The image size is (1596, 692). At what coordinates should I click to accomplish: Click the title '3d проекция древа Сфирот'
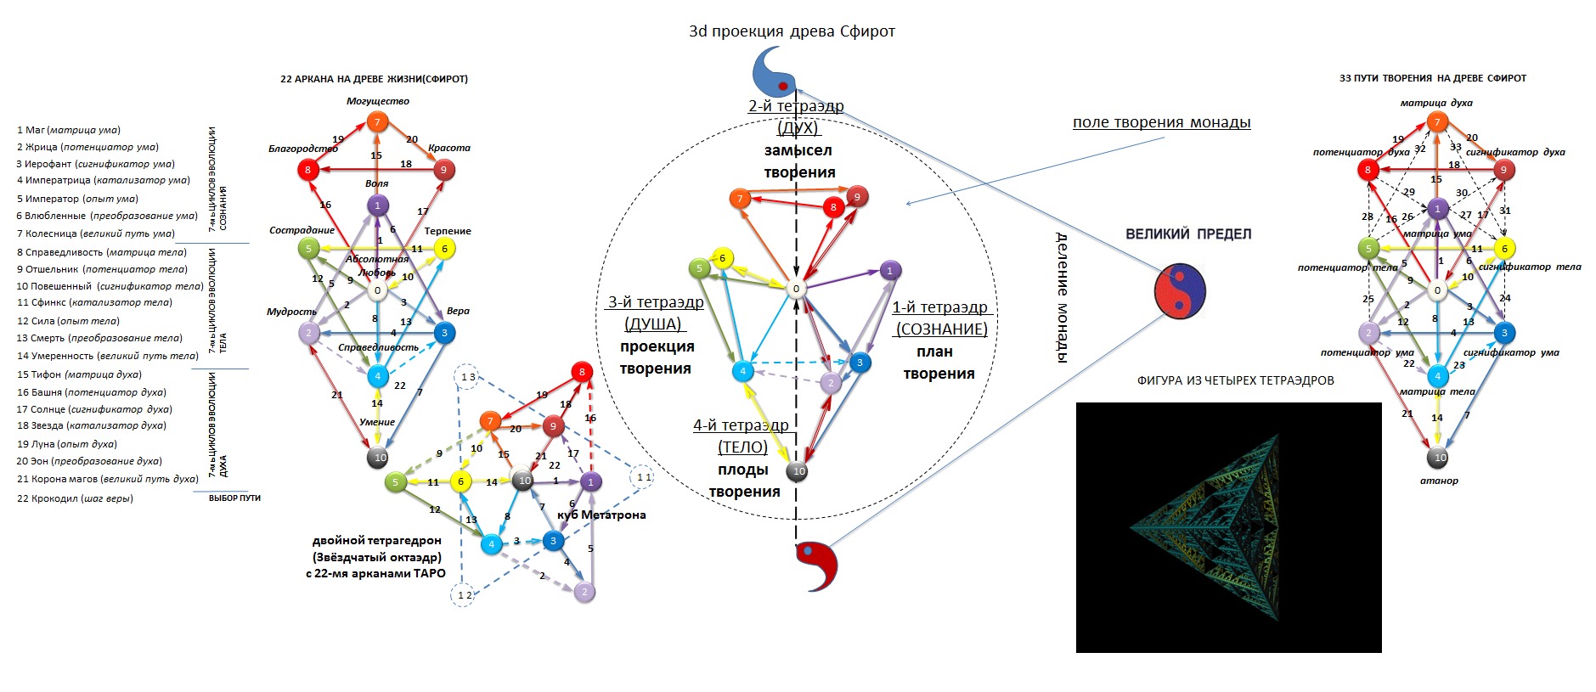point(792,31)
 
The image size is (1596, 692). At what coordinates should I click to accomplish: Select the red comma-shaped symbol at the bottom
point(817,564)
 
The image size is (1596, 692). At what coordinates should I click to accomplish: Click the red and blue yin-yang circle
point(1180,290)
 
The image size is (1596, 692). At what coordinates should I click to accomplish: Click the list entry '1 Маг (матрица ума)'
point(69,130)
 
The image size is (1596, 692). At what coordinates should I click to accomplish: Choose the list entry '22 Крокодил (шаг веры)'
point(75,498)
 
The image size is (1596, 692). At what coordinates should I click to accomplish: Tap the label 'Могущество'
point(378,101)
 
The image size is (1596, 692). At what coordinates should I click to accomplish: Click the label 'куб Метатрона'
point(601,515)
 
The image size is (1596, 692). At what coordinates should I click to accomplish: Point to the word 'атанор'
point(1439,481)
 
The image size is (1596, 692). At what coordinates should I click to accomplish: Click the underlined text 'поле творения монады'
point(1161,122)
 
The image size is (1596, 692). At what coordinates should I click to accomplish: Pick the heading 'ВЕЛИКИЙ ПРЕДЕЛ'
point(1188,234)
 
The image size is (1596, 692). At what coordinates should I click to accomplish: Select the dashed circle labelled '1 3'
point(467,377)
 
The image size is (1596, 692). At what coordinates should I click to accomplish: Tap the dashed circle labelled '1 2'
point(464,595)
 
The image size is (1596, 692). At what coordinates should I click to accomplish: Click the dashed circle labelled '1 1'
point(644,477)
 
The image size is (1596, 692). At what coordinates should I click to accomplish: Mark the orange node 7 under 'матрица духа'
point(1437,121)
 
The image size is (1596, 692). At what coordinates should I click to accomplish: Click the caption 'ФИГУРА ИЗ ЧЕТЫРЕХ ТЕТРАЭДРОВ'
point(1235,380)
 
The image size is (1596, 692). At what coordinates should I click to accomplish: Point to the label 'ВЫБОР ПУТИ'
point(234,498)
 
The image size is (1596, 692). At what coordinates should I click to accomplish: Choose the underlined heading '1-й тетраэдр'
point(939,307)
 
